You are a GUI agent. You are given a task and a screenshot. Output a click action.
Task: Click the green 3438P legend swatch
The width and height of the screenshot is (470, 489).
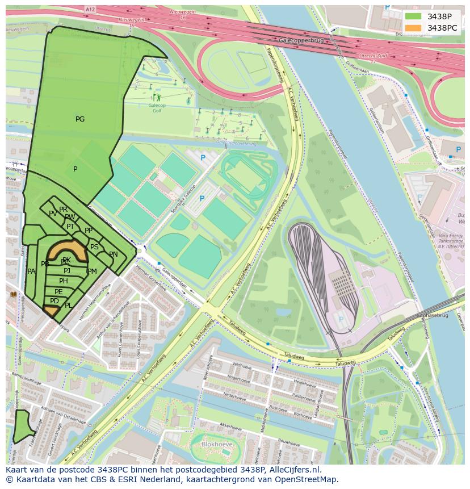pyautogui.click(x=414, y=16)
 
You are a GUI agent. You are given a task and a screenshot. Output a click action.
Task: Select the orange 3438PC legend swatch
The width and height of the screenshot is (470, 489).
pyautogui.click(x=414, y=28)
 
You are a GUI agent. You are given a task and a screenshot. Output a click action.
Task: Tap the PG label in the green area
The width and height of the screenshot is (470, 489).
pyautogui.click(x=80, y=119)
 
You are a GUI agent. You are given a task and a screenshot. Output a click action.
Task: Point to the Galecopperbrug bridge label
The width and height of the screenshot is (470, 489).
pyautogui.click(x=301, y=40)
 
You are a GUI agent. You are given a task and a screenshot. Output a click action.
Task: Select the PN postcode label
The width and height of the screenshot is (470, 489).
pyautogui.click(x=114, y=254)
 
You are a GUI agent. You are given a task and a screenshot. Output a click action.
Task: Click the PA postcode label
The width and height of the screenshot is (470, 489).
pyautogui.click(x=31, y=271)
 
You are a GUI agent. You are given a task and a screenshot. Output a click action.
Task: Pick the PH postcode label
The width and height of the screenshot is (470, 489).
pyautogui.click(x=64, y=281)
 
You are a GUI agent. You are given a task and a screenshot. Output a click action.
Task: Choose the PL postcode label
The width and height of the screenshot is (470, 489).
pyautogui.click(x=68, y=306)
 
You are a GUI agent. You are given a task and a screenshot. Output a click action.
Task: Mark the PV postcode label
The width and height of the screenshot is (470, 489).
pyautogui.click(x=53, y=214)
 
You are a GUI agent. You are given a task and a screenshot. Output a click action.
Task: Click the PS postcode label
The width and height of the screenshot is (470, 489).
pyautogui.click(x=94, y=247)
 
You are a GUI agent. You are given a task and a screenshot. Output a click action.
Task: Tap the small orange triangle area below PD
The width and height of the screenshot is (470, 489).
pyautogui.click(x=52, y=311)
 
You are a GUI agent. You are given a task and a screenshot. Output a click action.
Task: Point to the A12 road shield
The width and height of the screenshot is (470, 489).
pyautogui.click(x=89, y=10)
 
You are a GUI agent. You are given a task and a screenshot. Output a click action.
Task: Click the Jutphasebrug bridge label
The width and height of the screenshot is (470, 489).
pyautogui.click(x=432, y=315)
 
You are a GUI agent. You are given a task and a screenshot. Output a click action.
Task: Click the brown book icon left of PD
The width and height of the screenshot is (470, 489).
pyautogui.click(x=14, y=294)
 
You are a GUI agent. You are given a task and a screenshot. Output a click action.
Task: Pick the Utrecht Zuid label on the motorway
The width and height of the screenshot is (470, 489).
pyautogui.click(x=371, y=56)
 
